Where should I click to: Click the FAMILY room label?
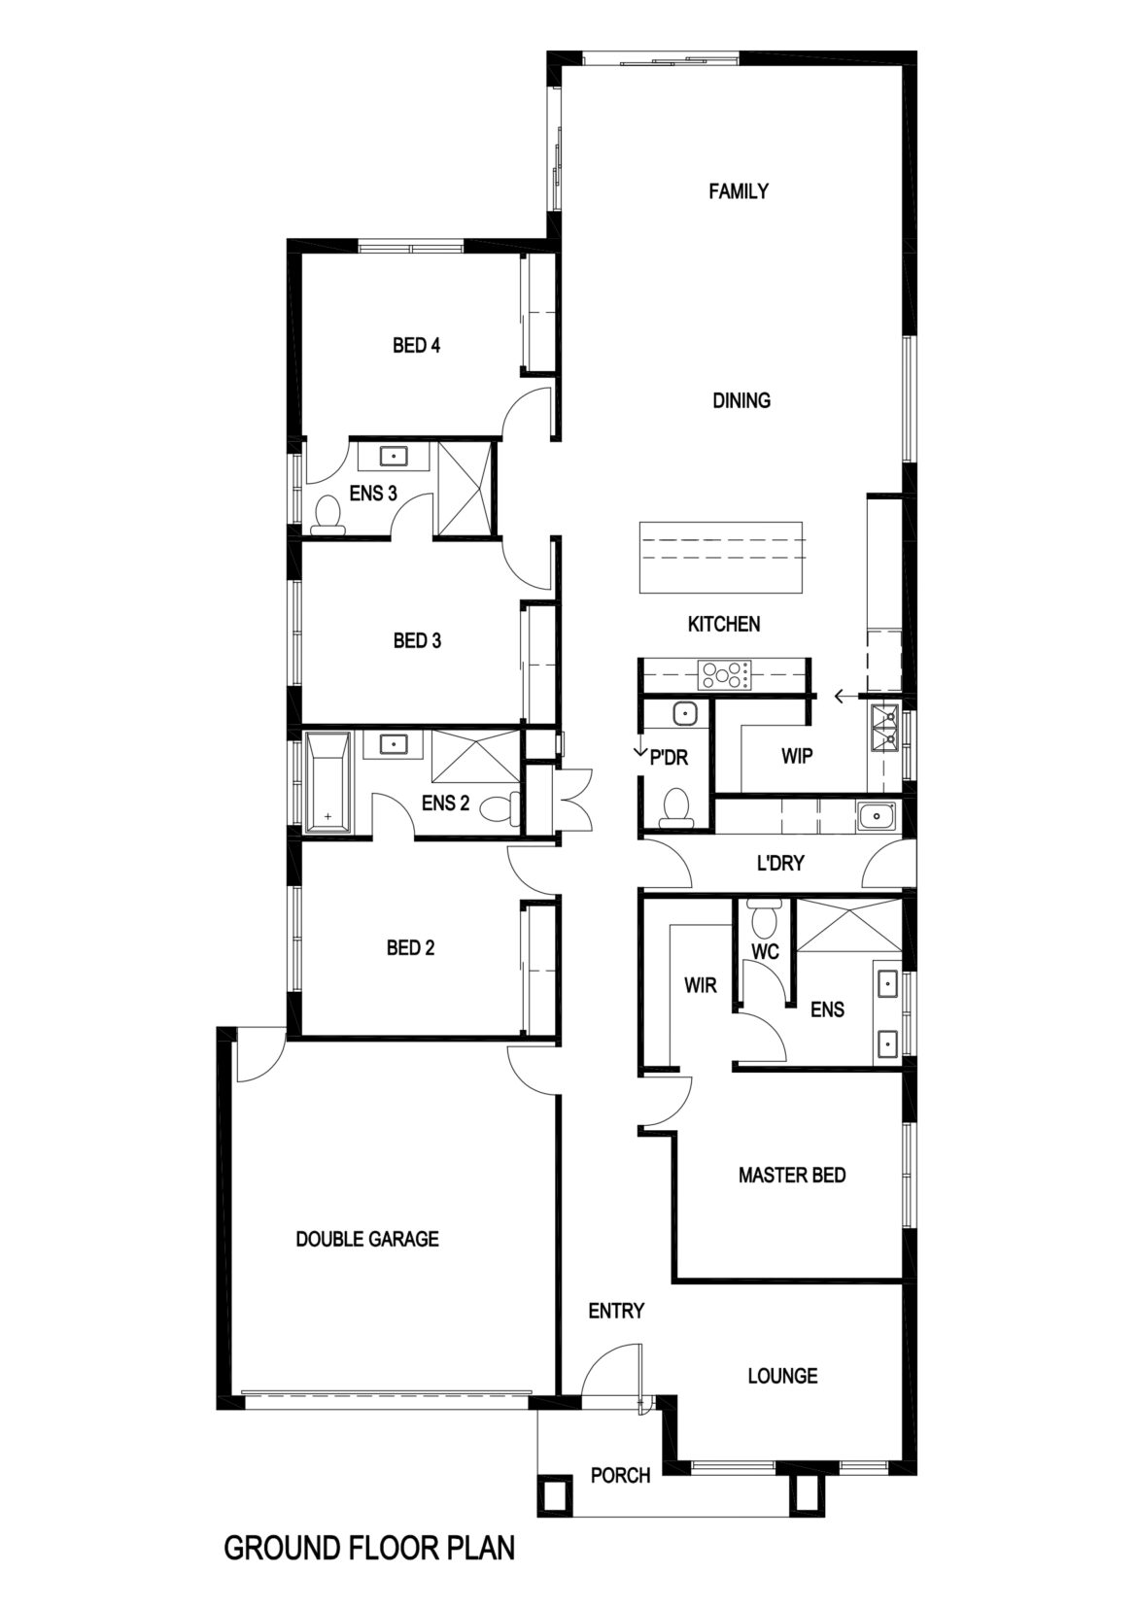coord(739,190)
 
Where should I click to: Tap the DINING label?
coord(741,400)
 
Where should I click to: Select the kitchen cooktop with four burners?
coord(727,675)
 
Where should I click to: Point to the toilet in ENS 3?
coord(328,515)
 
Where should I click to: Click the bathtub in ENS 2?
coord(327,782)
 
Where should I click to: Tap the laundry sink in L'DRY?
coord(876,816)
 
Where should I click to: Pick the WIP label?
coord(796,756)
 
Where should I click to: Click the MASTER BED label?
coord(792,1175)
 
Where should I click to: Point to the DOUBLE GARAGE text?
coord(367,1239)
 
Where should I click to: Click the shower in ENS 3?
coord(465,488)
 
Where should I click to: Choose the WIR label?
coord(700,985)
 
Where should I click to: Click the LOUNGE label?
coord(782,1376)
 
